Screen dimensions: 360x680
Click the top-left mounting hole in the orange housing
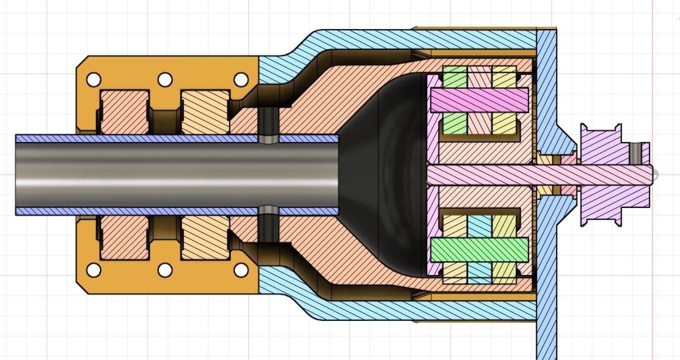point(94,80)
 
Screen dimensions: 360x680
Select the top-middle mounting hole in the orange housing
point(165,80)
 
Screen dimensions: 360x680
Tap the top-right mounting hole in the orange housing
point(241,80)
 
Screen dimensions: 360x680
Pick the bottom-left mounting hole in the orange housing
point(94,270)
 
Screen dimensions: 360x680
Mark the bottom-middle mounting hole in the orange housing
point(165,270)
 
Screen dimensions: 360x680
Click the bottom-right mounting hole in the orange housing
point(241,270)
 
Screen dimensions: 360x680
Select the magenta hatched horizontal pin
point(479,100)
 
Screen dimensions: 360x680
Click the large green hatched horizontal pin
point(479,250)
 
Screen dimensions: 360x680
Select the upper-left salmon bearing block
point(125,112)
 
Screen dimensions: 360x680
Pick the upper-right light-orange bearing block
point(205,112)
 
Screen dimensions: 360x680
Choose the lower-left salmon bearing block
point(125,237)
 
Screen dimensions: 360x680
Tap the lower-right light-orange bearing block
point(205,237)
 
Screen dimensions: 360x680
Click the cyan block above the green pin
point(479,226)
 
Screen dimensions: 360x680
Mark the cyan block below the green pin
point(479,272)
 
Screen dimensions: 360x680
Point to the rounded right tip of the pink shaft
point(655,175)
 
